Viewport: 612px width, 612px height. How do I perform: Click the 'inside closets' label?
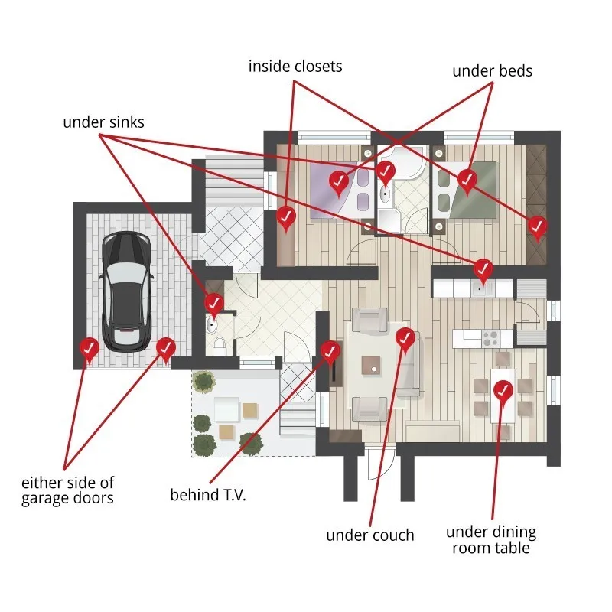tap(295, 67)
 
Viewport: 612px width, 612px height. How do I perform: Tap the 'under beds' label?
tap(492, 71)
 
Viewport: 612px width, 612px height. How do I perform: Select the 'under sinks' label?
tap(103, 122)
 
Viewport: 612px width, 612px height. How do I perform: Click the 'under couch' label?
tap(370, 535)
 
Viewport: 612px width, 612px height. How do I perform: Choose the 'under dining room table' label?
tap(491, 539)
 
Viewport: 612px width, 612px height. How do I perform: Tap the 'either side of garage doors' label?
tap(67, 491)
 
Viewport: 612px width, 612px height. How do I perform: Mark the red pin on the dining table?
tap(503, 390)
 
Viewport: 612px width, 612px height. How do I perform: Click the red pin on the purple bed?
tap(338, 181)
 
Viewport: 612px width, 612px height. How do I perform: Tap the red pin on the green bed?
tap(467, 179)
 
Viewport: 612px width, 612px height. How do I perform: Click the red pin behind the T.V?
tap(330, 351)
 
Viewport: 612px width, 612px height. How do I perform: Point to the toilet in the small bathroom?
tap(220, 346)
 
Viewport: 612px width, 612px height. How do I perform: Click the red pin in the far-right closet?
tap(539, 226)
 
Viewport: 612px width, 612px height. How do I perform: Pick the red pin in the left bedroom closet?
tap(286, 217)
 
